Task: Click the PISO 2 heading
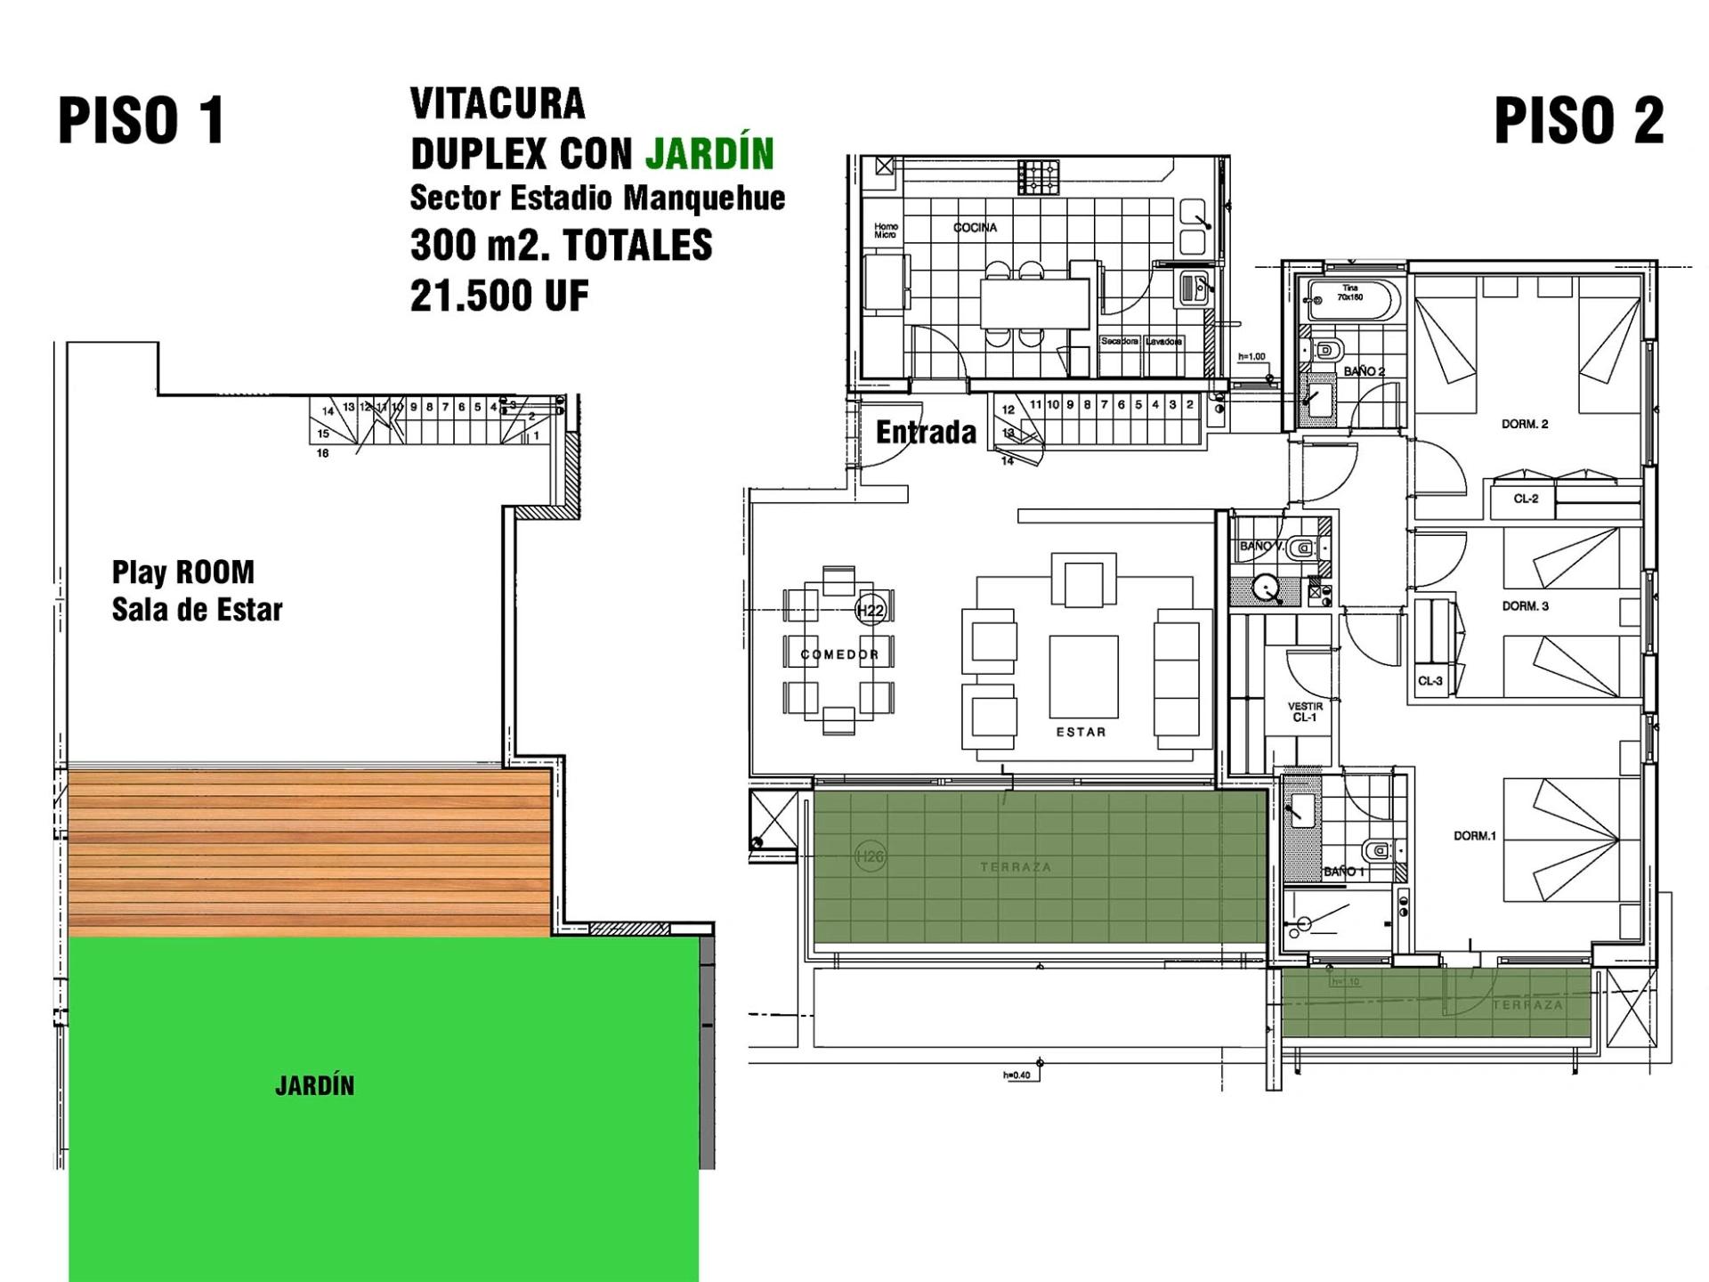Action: click(x=1578, y=121)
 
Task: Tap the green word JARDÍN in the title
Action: click(x=709, y=154)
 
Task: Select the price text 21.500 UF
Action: click(x=499, y=296)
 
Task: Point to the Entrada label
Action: click(x=926, y=433)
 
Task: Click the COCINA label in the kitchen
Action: click(x=975, y=228)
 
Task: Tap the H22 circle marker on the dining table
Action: click(x=869, y=610)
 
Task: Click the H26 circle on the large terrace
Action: click(x=869, y=856)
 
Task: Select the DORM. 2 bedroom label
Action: click(x=1525, y=424)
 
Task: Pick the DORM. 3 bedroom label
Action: click(x=1525, y=606)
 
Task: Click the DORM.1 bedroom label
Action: click(x=1474, y=836)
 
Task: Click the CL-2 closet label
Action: click(x=1526, y=499)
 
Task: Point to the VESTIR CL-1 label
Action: click(x=1305, y=711)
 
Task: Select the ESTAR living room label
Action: click(x=1081, y=732)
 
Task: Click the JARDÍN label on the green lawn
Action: click(x=314, y=1086)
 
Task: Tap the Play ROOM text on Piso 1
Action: click(x=182, y=572)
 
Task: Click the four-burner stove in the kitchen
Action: click(x=1038, y=176)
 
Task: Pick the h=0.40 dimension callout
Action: click(x=1016, y=1075)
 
